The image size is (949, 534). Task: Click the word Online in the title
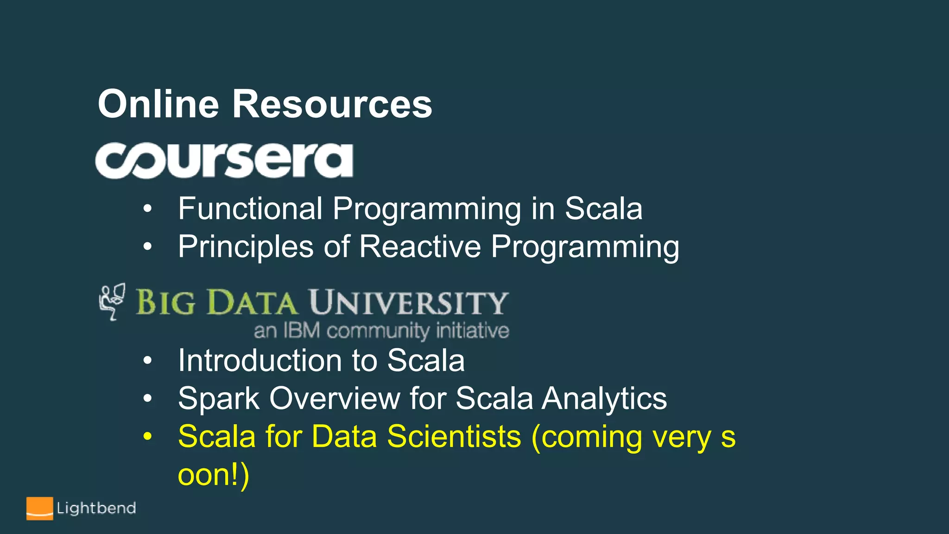tap(158, 104)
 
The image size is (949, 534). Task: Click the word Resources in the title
tap(332, 104)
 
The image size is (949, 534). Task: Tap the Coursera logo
tap(224, 160)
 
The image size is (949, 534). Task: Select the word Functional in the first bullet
tap(250, 209)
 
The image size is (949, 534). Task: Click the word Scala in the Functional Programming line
tap(603, 209)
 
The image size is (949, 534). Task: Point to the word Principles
tap(246, 247)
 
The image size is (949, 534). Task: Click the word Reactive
tap(420, 247)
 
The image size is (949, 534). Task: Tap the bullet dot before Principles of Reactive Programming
tap(147, 247)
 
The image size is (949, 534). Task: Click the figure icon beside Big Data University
tap(112, 302)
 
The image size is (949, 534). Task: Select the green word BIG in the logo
tap(165, 303)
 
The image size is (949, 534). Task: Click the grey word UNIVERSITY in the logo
tap(409, 303)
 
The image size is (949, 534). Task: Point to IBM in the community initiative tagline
tap(301, 331)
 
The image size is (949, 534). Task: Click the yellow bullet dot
tap(147, 437)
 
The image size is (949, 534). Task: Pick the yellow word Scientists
tap(454, 437)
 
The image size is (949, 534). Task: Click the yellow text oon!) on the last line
tap(214, 475)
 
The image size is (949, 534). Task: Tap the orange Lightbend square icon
tap(39, 509)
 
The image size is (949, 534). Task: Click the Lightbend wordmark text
tap(96, 509)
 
